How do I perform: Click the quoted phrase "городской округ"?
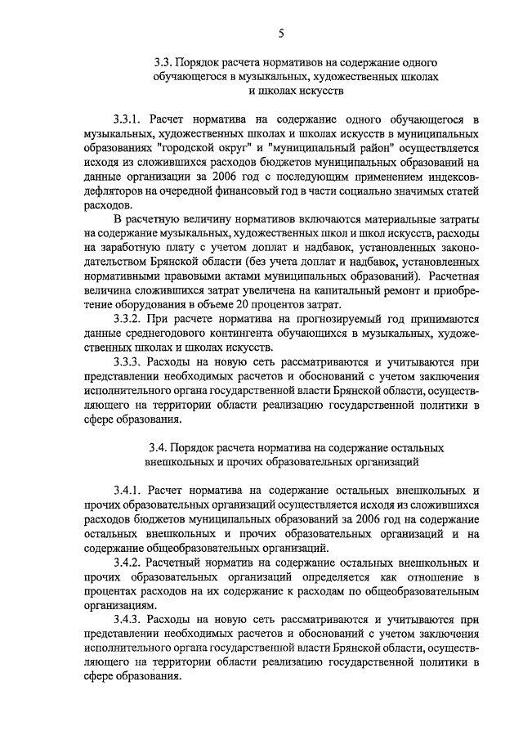[x=194, y=148]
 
